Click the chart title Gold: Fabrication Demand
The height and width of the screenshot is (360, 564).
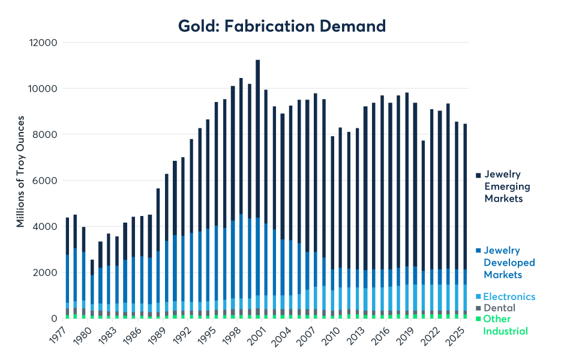[281, 26]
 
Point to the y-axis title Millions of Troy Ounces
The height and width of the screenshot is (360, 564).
[20, 181]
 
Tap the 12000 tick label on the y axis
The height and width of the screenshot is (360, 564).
[44, 43]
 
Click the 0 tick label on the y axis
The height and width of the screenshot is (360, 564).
[53, 319]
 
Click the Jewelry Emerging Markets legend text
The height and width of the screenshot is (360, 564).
[508, 186]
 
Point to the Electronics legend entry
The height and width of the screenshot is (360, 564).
[509, 296]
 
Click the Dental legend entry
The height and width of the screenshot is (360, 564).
[499, 308]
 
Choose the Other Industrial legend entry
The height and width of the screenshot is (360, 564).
[505, 325]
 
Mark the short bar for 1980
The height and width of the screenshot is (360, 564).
[92, 289]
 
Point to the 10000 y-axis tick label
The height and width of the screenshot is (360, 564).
[44, 89]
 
